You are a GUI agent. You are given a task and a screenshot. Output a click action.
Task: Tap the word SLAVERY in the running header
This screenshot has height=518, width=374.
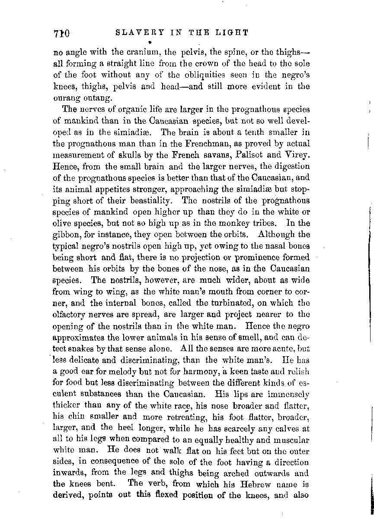131,33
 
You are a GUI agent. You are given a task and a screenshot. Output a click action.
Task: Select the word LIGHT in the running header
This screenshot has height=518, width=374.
234,33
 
